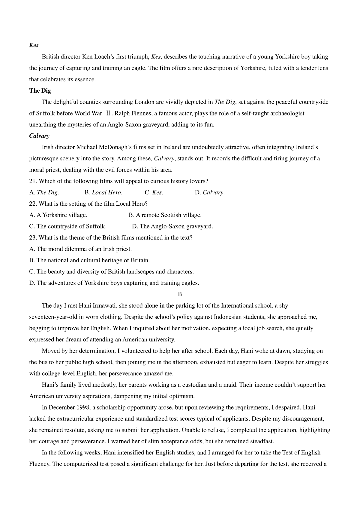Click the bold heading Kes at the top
coord(34,45)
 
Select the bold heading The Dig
coord(40,91)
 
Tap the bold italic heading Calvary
coord(39,136)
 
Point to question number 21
coord(33,181)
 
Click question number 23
coord(33,238)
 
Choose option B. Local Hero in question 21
coord(103,192)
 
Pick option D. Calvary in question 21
coord(210,192)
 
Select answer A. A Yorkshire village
coord(58,215)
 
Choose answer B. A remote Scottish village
coord(165,215)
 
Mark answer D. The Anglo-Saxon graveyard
coord(172,226)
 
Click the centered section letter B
coord(180,294)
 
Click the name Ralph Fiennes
coord(133,113)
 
